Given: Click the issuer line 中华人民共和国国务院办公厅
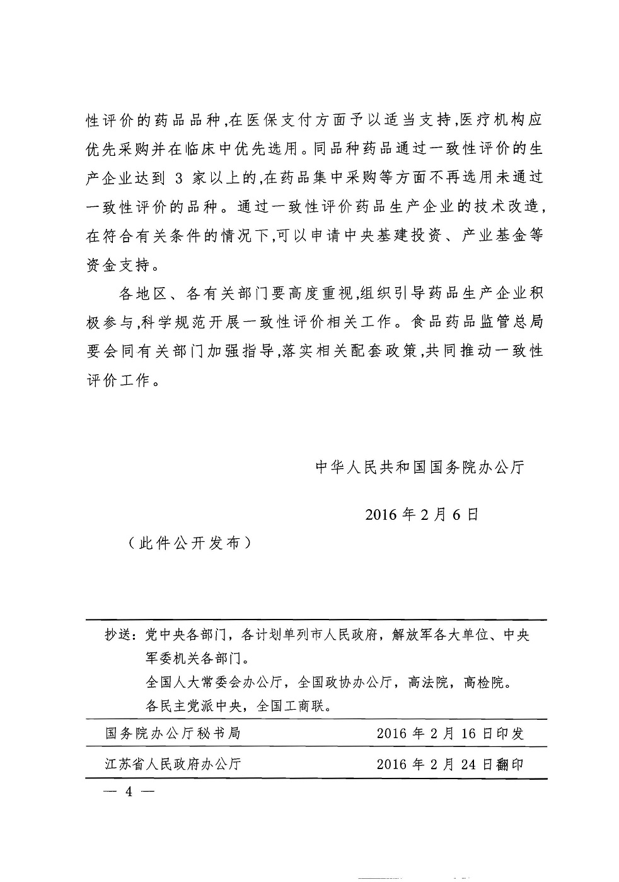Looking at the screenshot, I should (419, 467).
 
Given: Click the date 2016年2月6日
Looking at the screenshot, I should (422, 514).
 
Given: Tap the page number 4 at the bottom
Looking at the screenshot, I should (129, 792).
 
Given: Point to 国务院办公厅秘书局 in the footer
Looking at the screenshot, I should (173, 734).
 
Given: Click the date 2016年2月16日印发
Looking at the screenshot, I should (450, 734).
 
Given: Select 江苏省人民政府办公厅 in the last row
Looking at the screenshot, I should (173, 764).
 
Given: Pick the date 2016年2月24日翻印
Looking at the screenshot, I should (450, 764).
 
